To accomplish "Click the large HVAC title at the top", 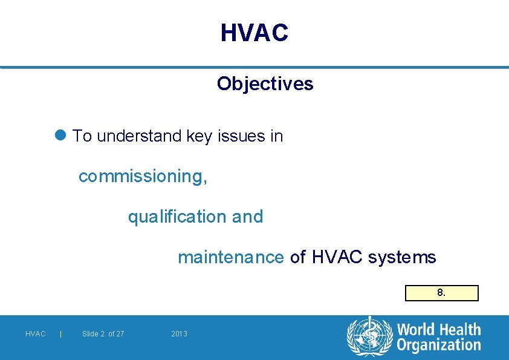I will tap(254, 33).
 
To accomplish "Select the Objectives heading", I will tap(265, 83).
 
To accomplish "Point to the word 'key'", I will tap(199, 137).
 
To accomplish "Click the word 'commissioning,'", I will tap(143, 177).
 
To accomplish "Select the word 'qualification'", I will tap(177, 217).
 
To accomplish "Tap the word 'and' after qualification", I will tap(247, 217).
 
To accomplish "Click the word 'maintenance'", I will tap(230, 257).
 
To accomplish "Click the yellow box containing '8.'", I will tap(441, 293).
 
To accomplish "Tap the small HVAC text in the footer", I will tap(36, 334).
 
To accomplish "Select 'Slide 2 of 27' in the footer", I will tap(103, 334).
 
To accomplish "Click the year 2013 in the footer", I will tap(179, 334).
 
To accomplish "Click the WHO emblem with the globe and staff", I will tap(369, 336).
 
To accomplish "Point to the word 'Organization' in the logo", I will tap(438, 345).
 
